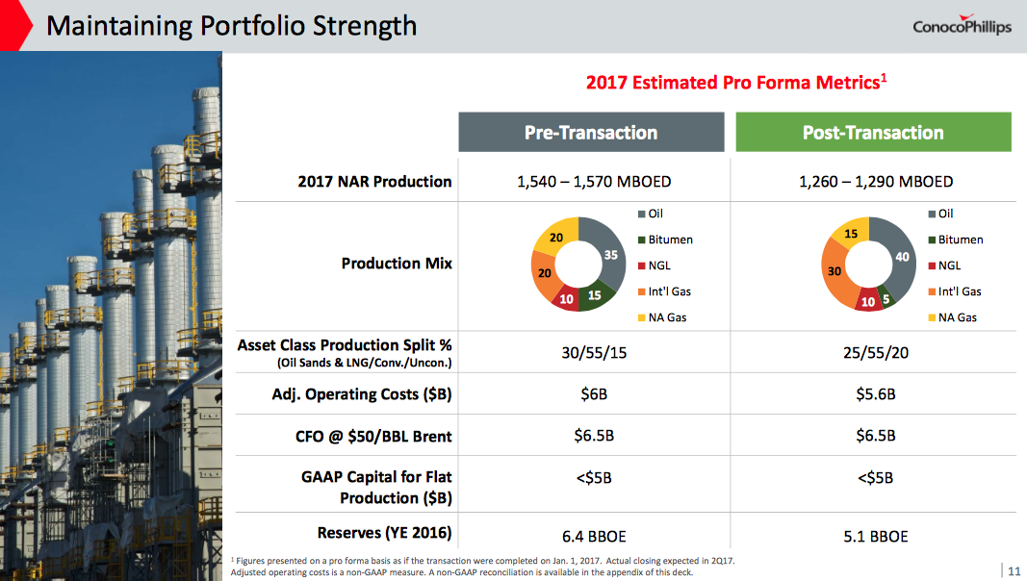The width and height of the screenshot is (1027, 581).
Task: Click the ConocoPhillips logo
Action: pyautogui.click(x=962, y=26)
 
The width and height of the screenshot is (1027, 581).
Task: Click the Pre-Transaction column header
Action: pyautogui.click(x=590, y=133)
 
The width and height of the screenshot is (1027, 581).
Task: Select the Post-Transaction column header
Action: pyautogui.click(x=873, y=133)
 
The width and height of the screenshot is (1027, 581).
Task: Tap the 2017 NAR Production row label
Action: pyautogui.click(x=373, y=181)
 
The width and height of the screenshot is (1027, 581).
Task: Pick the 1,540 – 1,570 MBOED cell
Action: pyautogui.click(x=593, y=181)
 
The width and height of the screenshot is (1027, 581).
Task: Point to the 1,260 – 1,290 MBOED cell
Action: pyautogui.click(x=876, y=181)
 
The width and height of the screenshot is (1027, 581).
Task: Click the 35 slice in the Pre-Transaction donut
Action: pyautogui.click(x=611, y=254)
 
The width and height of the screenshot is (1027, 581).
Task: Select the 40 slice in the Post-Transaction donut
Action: pyautogui.click(x=901, y=258)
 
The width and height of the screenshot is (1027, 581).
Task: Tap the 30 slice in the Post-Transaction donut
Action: pyautogui.click(x=834, y=271)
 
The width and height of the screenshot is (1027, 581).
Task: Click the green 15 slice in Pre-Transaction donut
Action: pyautogui.click(x=595, y=295)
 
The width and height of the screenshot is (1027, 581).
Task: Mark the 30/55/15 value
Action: pyautogui.click(x=593, y=353)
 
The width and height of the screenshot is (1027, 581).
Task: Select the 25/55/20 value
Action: pyautogui.click(x=876, y=353)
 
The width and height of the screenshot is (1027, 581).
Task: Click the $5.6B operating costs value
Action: pyautogui.click(x=876, y=394)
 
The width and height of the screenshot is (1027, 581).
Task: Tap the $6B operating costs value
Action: pyautogui.click(x=593, y=394)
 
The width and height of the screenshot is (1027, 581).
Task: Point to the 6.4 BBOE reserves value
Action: pyautogui.click(x=593, y=536)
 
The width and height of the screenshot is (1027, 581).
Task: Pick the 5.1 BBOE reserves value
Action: pyautogui.click(x=876, y=536)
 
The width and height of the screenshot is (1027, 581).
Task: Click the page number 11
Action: pyautogui.click(x=1013, y=568)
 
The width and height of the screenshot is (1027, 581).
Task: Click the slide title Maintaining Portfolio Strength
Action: pyautogui.click(x=231, y=25)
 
